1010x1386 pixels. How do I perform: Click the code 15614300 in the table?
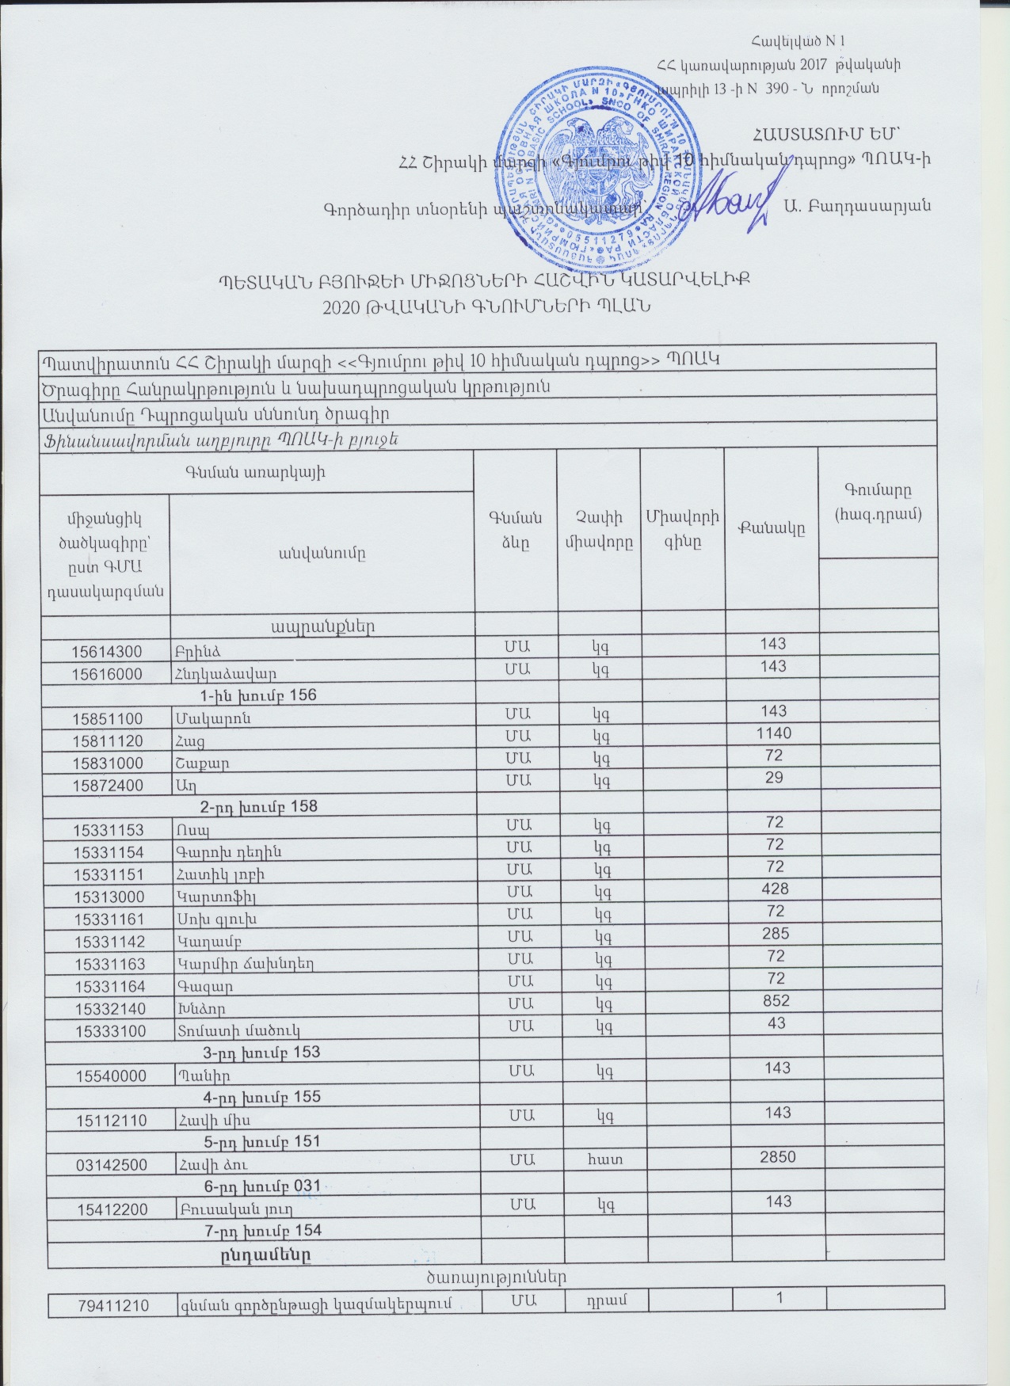107,652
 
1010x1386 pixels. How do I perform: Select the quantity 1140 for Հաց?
772,733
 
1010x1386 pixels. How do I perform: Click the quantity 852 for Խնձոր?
772,1000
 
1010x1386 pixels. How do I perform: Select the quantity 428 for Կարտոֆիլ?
772,889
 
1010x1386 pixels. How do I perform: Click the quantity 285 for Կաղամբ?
772,934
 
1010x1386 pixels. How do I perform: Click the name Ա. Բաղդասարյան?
856,205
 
